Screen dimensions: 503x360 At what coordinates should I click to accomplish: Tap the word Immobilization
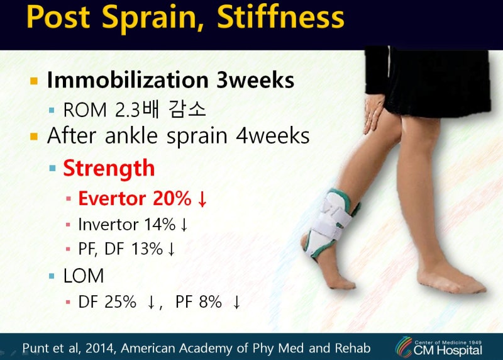(128, 80)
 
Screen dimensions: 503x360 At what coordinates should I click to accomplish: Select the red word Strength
(109, 167)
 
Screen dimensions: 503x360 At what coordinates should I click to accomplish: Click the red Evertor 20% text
(135, 198)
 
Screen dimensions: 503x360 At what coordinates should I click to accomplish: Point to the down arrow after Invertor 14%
(184, 225)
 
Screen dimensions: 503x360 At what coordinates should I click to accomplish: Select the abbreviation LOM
(84, 276)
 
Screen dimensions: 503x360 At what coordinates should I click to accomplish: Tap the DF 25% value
(107, 302)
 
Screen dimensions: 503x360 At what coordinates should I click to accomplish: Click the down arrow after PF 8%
(236, 302)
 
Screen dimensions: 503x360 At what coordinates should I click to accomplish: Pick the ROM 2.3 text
(102, 110)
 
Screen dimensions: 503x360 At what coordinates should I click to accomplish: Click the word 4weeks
(273, 135)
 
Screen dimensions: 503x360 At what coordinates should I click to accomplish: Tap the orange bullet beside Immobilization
(34, 81)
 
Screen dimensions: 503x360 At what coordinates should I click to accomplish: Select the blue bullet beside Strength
(52, 168)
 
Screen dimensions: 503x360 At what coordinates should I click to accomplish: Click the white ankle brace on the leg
(329, 223)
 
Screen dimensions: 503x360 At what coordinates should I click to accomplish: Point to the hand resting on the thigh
(374, 114)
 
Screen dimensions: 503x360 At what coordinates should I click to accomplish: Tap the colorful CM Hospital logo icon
(404, 347)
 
